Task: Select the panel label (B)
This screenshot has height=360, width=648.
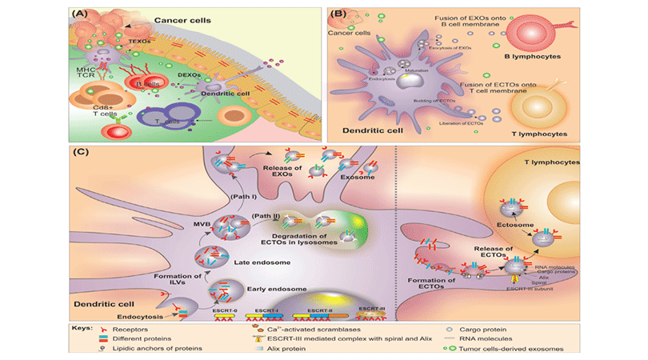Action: coord(337,14)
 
